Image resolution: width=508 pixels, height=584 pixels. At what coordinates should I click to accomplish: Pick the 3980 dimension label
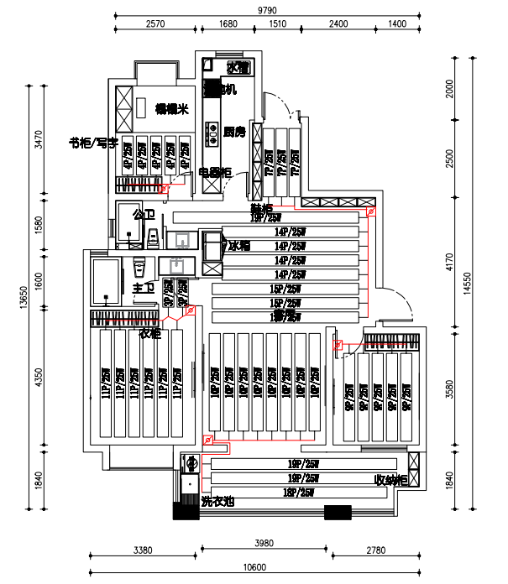[264, 550]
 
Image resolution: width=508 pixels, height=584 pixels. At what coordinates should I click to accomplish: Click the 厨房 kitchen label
[234, 132]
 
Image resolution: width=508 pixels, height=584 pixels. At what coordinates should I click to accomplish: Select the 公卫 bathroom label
[144, 214]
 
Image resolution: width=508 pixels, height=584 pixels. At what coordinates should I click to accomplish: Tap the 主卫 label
[143, 288]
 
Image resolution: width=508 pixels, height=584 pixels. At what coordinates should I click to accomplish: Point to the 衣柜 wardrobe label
[150, 333]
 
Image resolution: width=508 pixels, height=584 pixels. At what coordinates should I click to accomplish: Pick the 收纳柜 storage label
[390, 480]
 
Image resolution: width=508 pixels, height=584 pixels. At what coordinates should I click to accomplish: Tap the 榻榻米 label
[171, 109]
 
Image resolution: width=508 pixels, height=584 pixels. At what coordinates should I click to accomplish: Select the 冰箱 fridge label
[239, 246]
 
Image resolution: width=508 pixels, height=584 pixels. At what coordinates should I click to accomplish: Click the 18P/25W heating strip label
[299, 493]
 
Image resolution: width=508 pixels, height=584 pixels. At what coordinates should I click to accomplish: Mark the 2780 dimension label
[375, 550]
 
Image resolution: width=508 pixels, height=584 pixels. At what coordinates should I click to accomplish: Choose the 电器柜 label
[215, 173]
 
